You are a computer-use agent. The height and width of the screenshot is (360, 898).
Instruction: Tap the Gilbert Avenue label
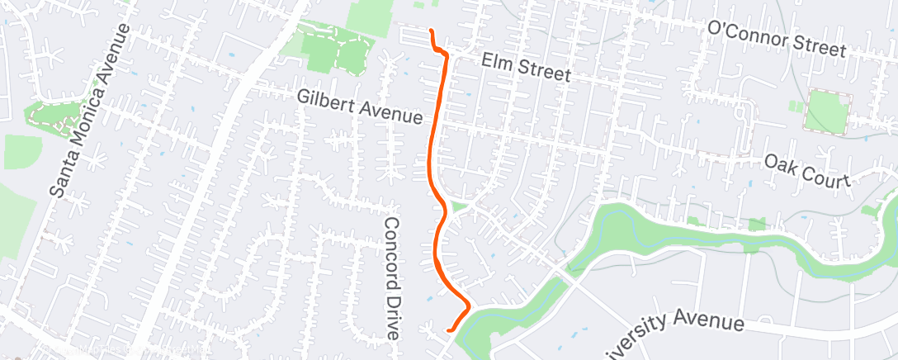coord(360,107)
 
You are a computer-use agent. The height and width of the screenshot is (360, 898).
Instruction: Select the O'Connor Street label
coord(776,39)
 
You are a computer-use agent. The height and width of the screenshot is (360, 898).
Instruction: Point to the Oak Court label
coord(806,170)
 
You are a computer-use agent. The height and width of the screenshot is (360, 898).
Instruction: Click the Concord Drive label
coord(392,277)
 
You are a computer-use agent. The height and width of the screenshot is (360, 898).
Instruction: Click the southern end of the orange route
coord(448,330)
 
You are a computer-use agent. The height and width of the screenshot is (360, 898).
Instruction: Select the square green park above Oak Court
coord(828,111)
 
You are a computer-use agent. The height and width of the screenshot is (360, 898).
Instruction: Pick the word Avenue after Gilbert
coord(392,112)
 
